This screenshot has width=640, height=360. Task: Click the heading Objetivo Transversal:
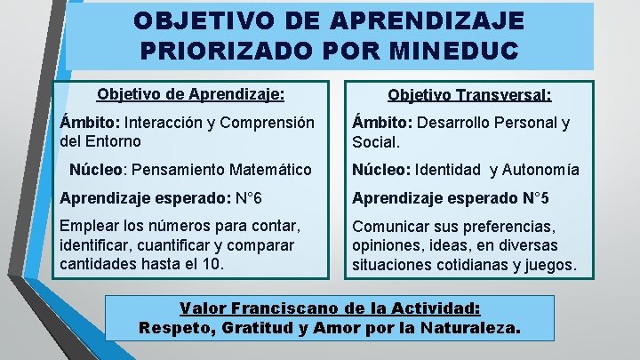(x=469, y=95)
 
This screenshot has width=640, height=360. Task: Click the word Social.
(x=377, y=141)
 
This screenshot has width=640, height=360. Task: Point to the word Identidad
(x=446, y=169)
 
